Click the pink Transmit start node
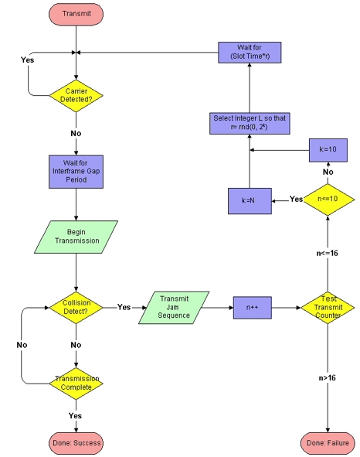[76, 14]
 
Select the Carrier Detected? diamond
[76, 96]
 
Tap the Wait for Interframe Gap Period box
[76, 172]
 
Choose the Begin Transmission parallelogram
[76, 237]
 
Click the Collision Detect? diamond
[76, 308]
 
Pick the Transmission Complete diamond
[76, 384]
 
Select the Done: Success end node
[76, 443]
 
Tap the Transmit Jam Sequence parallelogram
[174, 308]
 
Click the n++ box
[253, 308]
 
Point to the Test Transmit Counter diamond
[328, 308]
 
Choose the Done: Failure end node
[328, 443]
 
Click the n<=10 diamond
[329, 200]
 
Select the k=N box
[250, 201]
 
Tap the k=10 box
[328, 150]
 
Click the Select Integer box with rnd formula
[250, 123]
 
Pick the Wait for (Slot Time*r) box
[250, 53]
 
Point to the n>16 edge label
[327, 378]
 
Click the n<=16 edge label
[327, 253]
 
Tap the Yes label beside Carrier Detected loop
[27, 60]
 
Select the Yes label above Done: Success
[75, 415]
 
